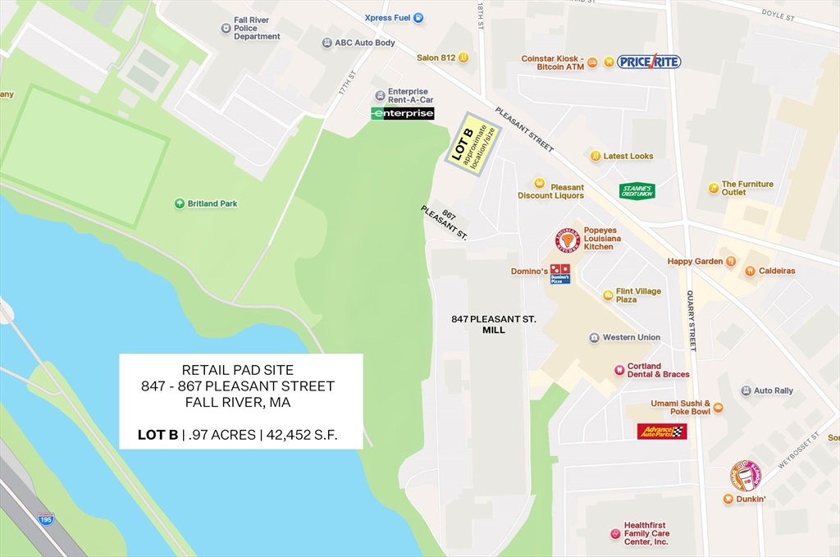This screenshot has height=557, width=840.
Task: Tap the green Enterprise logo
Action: tap(402, 113)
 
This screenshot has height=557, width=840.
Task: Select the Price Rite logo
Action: tap(649, 61)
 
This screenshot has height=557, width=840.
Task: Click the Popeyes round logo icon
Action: tap(568, 240)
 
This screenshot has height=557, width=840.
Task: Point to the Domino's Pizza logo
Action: tap(560, 273)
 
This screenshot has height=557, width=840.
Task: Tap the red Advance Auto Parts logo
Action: tap(662, 431)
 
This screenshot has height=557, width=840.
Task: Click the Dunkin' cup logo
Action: tap(746, 476)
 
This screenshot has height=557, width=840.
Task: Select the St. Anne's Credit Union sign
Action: tap(637, 190)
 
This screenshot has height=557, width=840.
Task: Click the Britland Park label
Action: tap(212, 203)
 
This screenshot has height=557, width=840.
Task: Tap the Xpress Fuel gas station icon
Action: tap(418, 17)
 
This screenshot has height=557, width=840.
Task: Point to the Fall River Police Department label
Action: tap(257, 28)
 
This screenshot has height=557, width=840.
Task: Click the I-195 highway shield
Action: tap(46, 519)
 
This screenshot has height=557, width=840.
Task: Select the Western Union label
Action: tap(631, 337)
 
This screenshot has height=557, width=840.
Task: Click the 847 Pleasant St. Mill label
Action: tap(494, 324)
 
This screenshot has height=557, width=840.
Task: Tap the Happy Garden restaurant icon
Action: tap(730, 262)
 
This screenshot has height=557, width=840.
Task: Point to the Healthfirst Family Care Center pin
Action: tap(615, 533)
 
